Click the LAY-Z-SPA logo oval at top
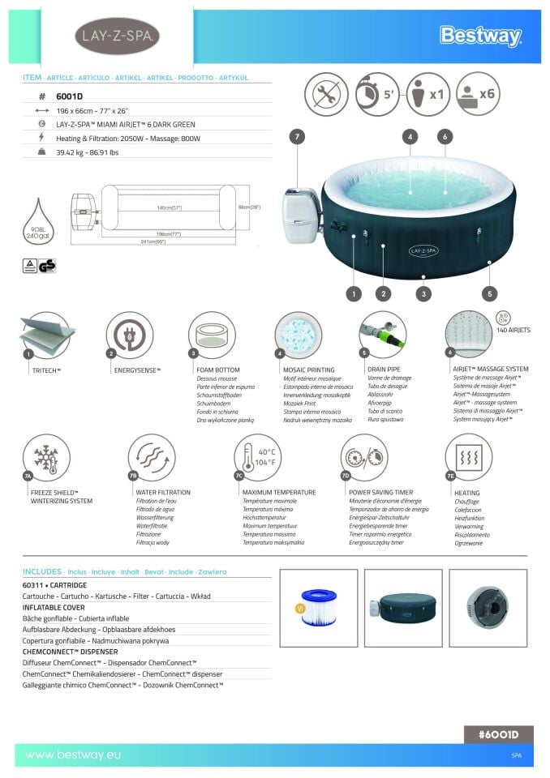coord(116,36)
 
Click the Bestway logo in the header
coord(480,36)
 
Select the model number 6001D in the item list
coord(69,96)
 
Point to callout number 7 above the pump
coord(299,137)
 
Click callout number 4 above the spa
coord(410,137)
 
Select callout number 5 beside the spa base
coord(488,293)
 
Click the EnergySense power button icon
coord(130,335)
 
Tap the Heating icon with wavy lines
coord(468,457)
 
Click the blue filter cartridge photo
coord(318,608)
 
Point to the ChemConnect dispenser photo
coord(488,608)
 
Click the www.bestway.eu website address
coord(73,754)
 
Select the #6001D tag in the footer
coord(499,734)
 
